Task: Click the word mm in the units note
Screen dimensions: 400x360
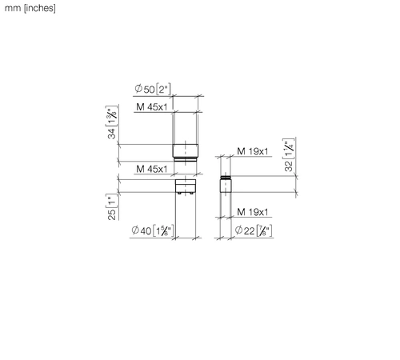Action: (13, 8)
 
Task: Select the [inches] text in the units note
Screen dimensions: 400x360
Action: (40, 8)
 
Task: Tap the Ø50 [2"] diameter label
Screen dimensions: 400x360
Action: (153, 89)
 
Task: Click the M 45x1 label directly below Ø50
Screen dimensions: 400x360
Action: (152, 107)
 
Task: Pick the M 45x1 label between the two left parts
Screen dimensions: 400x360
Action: (152, 169)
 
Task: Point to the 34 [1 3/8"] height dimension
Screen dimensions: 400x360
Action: (112, 122)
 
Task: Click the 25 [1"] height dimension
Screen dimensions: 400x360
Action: (112, 207)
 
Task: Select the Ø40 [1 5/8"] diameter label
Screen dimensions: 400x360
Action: (153, 230)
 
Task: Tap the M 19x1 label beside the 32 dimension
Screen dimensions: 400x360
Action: (253, 151)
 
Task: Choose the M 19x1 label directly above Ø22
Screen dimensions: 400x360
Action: (253, 212)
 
